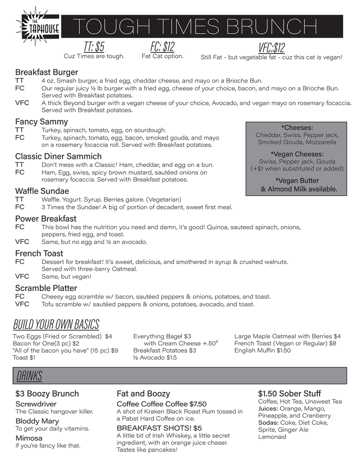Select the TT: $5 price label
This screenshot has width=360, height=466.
click(94, 47)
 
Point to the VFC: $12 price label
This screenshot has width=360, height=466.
click(272, 48)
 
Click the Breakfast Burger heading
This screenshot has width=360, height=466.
click(46, 72)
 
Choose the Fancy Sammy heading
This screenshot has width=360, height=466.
click(42, 122)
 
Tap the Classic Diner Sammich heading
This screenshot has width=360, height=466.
click(58, 156)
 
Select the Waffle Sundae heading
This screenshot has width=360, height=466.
click(42, 191)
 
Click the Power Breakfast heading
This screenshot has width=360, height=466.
click(46, 219)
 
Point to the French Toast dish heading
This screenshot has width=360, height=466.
click(39, 254)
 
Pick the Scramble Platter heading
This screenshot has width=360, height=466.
click(46, 288)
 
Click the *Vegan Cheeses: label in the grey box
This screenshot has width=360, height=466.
click(297, 154)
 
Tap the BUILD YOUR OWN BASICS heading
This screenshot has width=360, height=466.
click(56, 324)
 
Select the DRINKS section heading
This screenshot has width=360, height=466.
click(29, 376)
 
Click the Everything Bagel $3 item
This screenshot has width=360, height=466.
click(162, 336)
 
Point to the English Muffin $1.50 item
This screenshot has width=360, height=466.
click(262, 350)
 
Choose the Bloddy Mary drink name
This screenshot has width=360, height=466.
click(37, 421)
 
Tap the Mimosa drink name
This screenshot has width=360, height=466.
click(29, 438)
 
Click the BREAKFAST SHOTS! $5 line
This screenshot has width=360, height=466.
click(159, 428)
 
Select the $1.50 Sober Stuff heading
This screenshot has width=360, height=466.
click(290, 394)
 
